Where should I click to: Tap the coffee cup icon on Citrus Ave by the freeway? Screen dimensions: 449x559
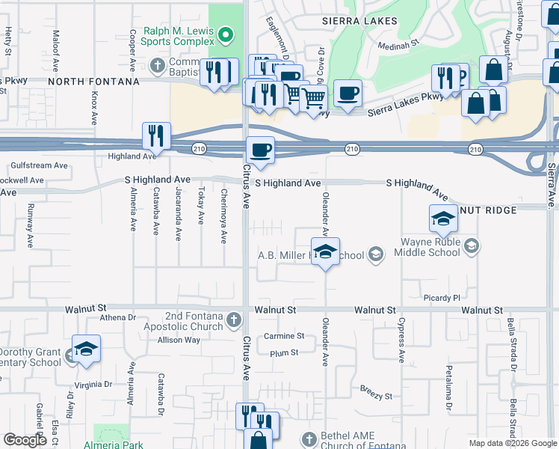(x=260, y=149)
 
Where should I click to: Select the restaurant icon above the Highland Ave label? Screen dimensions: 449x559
(x=156, y=135)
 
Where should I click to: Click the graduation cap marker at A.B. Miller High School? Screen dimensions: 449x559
(x=324, y=252)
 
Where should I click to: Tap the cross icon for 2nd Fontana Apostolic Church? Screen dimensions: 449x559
(x=234, y=320)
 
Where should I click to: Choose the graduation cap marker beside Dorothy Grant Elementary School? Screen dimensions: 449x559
(x=87, y=349)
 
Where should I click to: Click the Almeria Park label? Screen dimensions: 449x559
(x=118, y=444)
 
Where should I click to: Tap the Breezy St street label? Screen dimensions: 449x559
(x=376, y=395)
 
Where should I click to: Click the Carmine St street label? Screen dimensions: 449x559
(x=284, y=337)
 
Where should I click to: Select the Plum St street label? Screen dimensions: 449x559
(x=284, y=352)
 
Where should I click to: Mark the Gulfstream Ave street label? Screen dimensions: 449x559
(x=39, y=165)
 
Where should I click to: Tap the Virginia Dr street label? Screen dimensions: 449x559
(x=94, y=384)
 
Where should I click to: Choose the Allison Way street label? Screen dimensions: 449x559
(x=179, y=340)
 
